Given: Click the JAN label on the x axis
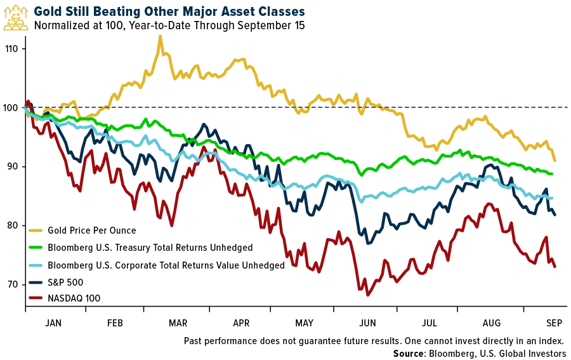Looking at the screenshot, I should point(53,323).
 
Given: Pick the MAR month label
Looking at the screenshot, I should point(178,323).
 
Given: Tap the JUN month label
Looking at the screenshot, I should point(367,323).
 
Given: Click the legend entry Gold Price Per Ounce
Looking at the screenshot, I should point(93,230).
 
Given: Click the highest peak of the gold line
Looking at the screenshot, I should point(160,37).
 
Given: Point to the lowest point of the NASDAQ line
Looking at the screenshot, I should point(367,295).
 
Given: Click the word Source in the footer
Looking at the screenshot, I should point(409,353).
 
